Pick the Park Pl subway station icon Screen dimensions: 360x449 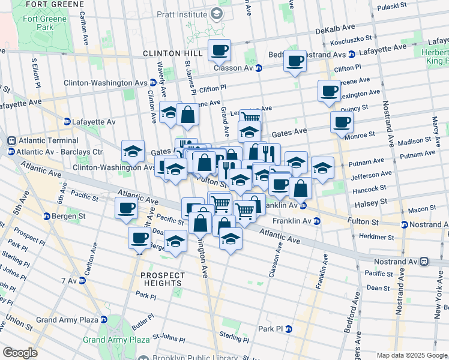(x=288, y=329)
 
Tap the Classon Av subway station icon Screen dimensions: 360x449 (x=259, y=68)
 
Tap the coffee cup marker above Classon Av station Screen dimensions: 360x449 (x=219, y=50)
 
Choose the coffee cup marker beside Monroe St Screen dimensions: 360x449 (x=342, y=122)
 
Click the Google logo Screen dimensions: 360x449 (x=20, y=353)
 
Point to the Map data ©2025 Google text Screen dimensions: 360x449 (x=411, y=355)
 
